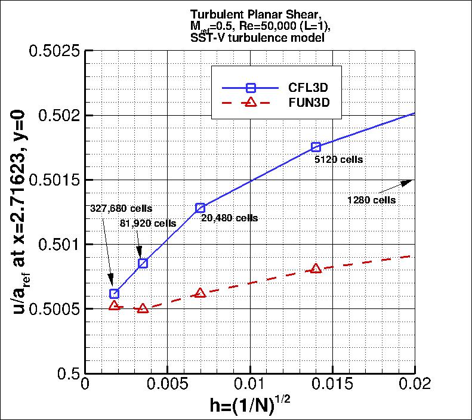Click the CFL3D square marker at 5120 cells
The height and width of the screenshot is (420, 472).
click(316, 147)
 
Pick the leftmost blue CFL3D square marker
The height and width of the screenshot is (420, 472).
click(115, 294)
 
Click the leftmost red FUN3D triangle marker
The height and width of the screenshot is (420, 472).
click(115, 305)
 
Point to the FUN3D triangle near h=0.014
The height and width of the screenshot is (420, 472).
click(316, 268)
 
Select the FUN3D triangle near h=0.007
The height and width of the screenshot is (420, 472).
click(200, 292)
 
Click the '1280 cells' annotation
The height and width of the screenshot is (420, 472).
click(371, 200)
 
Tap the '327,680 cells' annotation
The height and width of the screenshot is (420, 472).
click(121, 209)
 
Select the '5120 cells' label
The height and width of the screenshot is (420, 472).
click(339, 160)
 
